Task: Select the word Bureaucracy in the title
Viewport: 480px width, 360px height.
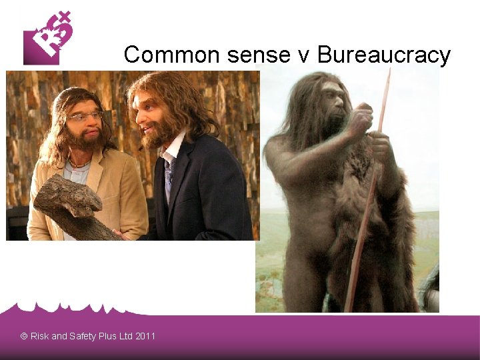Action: (384, 55)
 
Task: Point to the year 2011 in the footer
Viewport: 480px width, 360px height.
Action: (145, 336)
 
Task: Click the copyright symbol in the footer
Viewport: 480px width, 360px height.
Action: (24, 336)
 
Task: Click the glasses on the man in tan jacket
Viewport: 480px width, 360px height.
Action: (85, 117)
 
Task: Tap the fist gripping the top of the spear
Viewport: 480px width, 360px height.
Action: (361, 120)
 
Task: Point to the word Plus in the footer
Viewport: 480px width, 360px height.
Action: (107, 336)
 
